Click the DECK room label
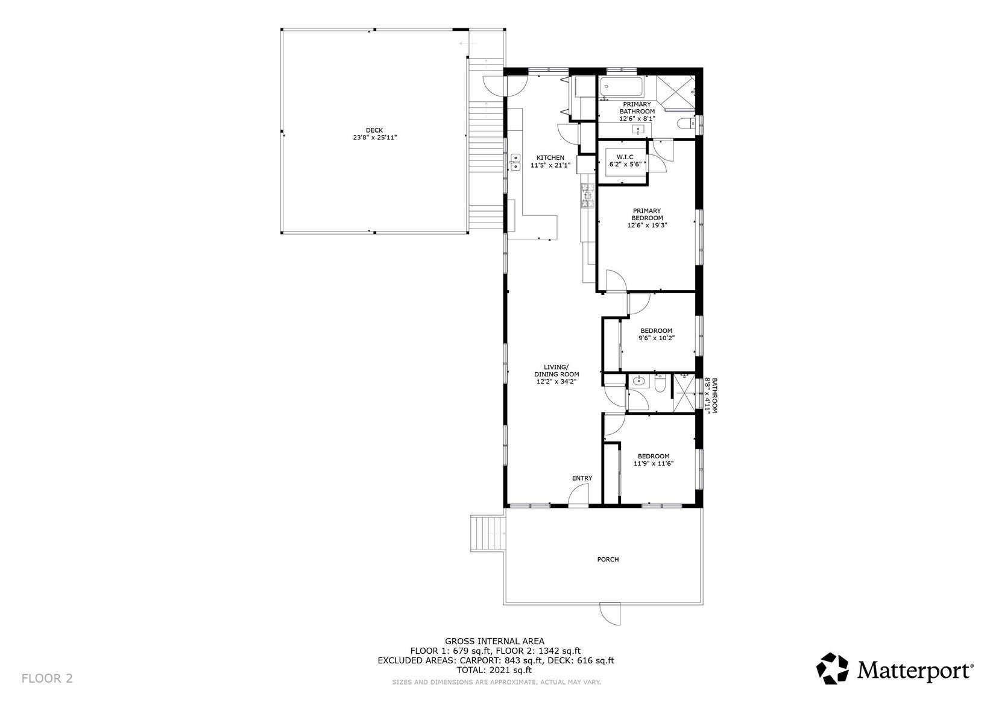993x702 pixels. pyautogui.click(x=374, y=130)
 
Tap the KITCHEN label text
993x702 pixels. pyautogui.click(x=550, y=157)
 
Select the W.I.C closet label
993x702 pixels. pyautogui.click(x=625, y=157)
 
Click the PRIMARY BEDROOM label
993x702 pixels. pyautogui.click(x=647, y=214)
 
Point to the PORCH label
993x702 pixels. pyautogui.click(x=608, y=559)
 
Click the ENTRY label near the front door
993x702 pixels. pyautogui.click(x=582, y=478)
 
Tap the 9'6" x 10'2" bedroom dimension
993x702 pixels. pyautogui.click(x=656, y=338)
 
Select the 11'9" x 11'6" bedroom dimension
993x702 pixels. pyautogui.click(x=653, y=464)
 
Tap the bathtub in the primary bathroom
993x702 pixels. pyautogui.click(x=621, y=88)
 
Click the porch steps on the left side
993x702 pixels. pyautogui.click(x=487, y=533)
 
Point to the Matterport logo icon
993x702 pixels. pyautogui.click(x=833, y=668)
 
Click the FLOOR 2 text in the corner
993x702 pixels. pyautogui.click(x=47, y=678)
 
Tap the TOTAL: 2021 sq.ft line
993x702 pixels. pyautogui.click(x=495, y=669)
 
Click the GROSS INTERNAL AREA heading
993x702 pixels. pyautogui.click(x=494, y=641)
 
